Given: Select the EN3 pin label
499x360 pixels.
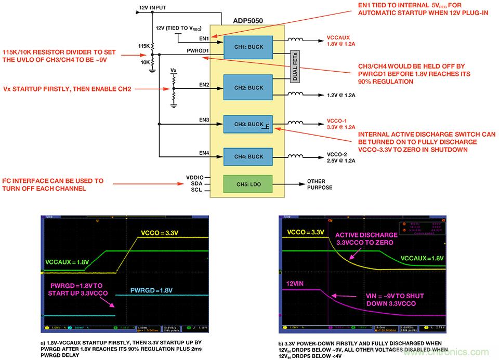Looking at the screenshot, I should pos(204,120).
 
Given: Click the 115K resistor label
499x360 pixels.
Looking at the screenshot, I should pos(144,46).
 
